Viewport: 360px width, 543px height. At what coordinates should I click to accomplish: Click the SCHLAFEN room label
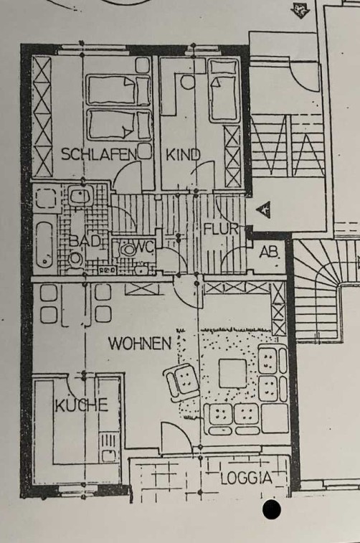tap(99, 154)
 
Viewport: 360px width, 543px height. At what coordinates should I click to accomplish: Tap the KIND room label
tap(183, 155)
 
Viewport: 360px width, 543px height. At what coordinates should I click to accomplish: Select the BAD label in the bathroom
tap(85, 241)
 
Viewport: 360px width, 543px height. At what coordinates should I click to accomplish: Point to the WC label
tap(144, 247)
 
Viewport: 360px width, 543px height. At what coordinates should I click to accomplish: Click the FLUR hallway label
tap(221, 230)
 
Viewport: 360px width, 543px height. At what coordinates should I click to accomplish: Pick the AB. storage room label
tap(270, 252)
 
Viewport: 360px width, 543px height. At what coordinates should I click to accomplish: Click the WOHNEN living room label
tap(140, 344)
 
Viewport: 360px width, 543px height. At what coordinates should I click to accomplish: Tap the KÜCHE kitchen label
tap(82, 405)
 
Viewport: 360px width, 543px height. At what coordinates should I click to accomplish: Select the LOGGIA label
tap(247, 478)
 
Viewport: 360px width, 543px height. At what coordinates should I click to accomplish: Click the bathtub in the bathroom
tap(44, 245)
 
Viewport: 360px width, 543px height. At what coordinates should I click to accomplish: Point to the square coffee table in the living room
tap(232, 373)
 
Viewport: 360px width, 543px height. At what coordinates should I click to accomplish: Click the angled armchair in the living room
tap(181, 382)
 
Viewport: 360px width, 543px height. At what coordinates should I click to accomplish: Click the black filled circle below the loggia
tap(272, 510)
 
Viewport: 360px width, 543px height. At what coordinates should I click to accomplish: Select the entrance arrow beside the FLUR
tap(263, 209)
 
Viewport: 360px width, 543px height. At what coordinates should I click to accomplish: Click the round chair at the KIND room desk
tap(188, 82)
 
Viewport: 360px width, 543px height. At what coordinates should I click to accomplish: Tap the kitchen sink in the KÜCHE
tap(108, 454)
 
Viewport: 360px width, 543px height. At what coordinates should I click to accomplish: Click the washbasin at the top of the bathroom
tap(80, 196)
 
